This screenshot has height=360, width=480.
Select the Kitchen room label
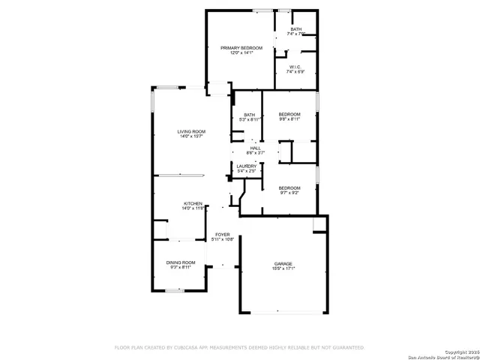193,203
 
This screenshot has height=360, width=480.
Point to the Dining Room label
180,262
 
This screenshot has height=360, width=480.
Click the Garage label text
283,263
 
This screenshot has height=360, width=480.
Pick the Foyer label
223,234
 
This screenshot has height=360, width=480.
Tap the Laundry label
247,166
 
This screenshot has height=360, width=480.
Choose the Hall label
256,148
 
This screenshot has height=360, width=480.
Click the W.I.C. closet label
295,67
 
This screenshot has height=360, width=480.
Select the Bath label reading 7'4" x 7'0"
296,29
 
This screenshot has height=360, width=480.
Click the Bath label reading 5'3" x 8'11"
249,114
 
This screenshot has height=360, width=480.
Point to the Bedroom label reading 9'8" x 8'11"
289,114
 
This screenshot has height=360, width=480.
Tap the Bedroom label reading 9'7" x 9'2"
289,187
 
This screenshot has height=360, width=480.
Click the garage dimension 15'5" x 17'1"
283,268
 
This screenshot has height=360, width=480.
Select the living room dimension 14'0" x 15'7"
192,136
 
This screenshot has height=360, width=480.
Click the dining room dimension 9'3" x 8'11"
180,267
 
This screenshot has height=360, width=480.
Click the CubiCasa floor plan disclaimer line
238,347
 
